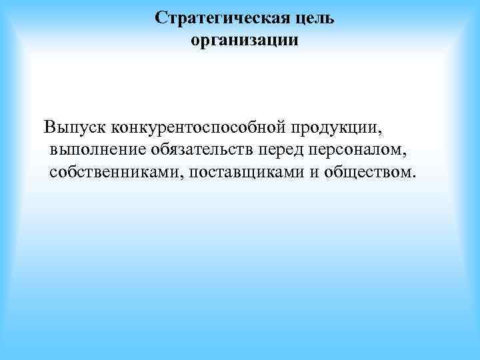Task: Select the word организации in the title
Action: point(245,41)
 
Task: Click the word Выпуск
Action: point(73,126)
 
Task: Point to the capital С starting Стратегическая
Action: point(161,18)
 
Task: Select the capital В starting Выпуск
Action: point(49,126)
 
